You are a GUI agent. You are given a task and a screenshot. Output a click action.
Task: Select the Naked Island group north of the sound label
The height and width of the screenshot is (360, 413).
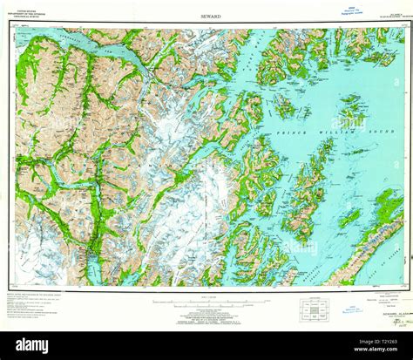(284, 104)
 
